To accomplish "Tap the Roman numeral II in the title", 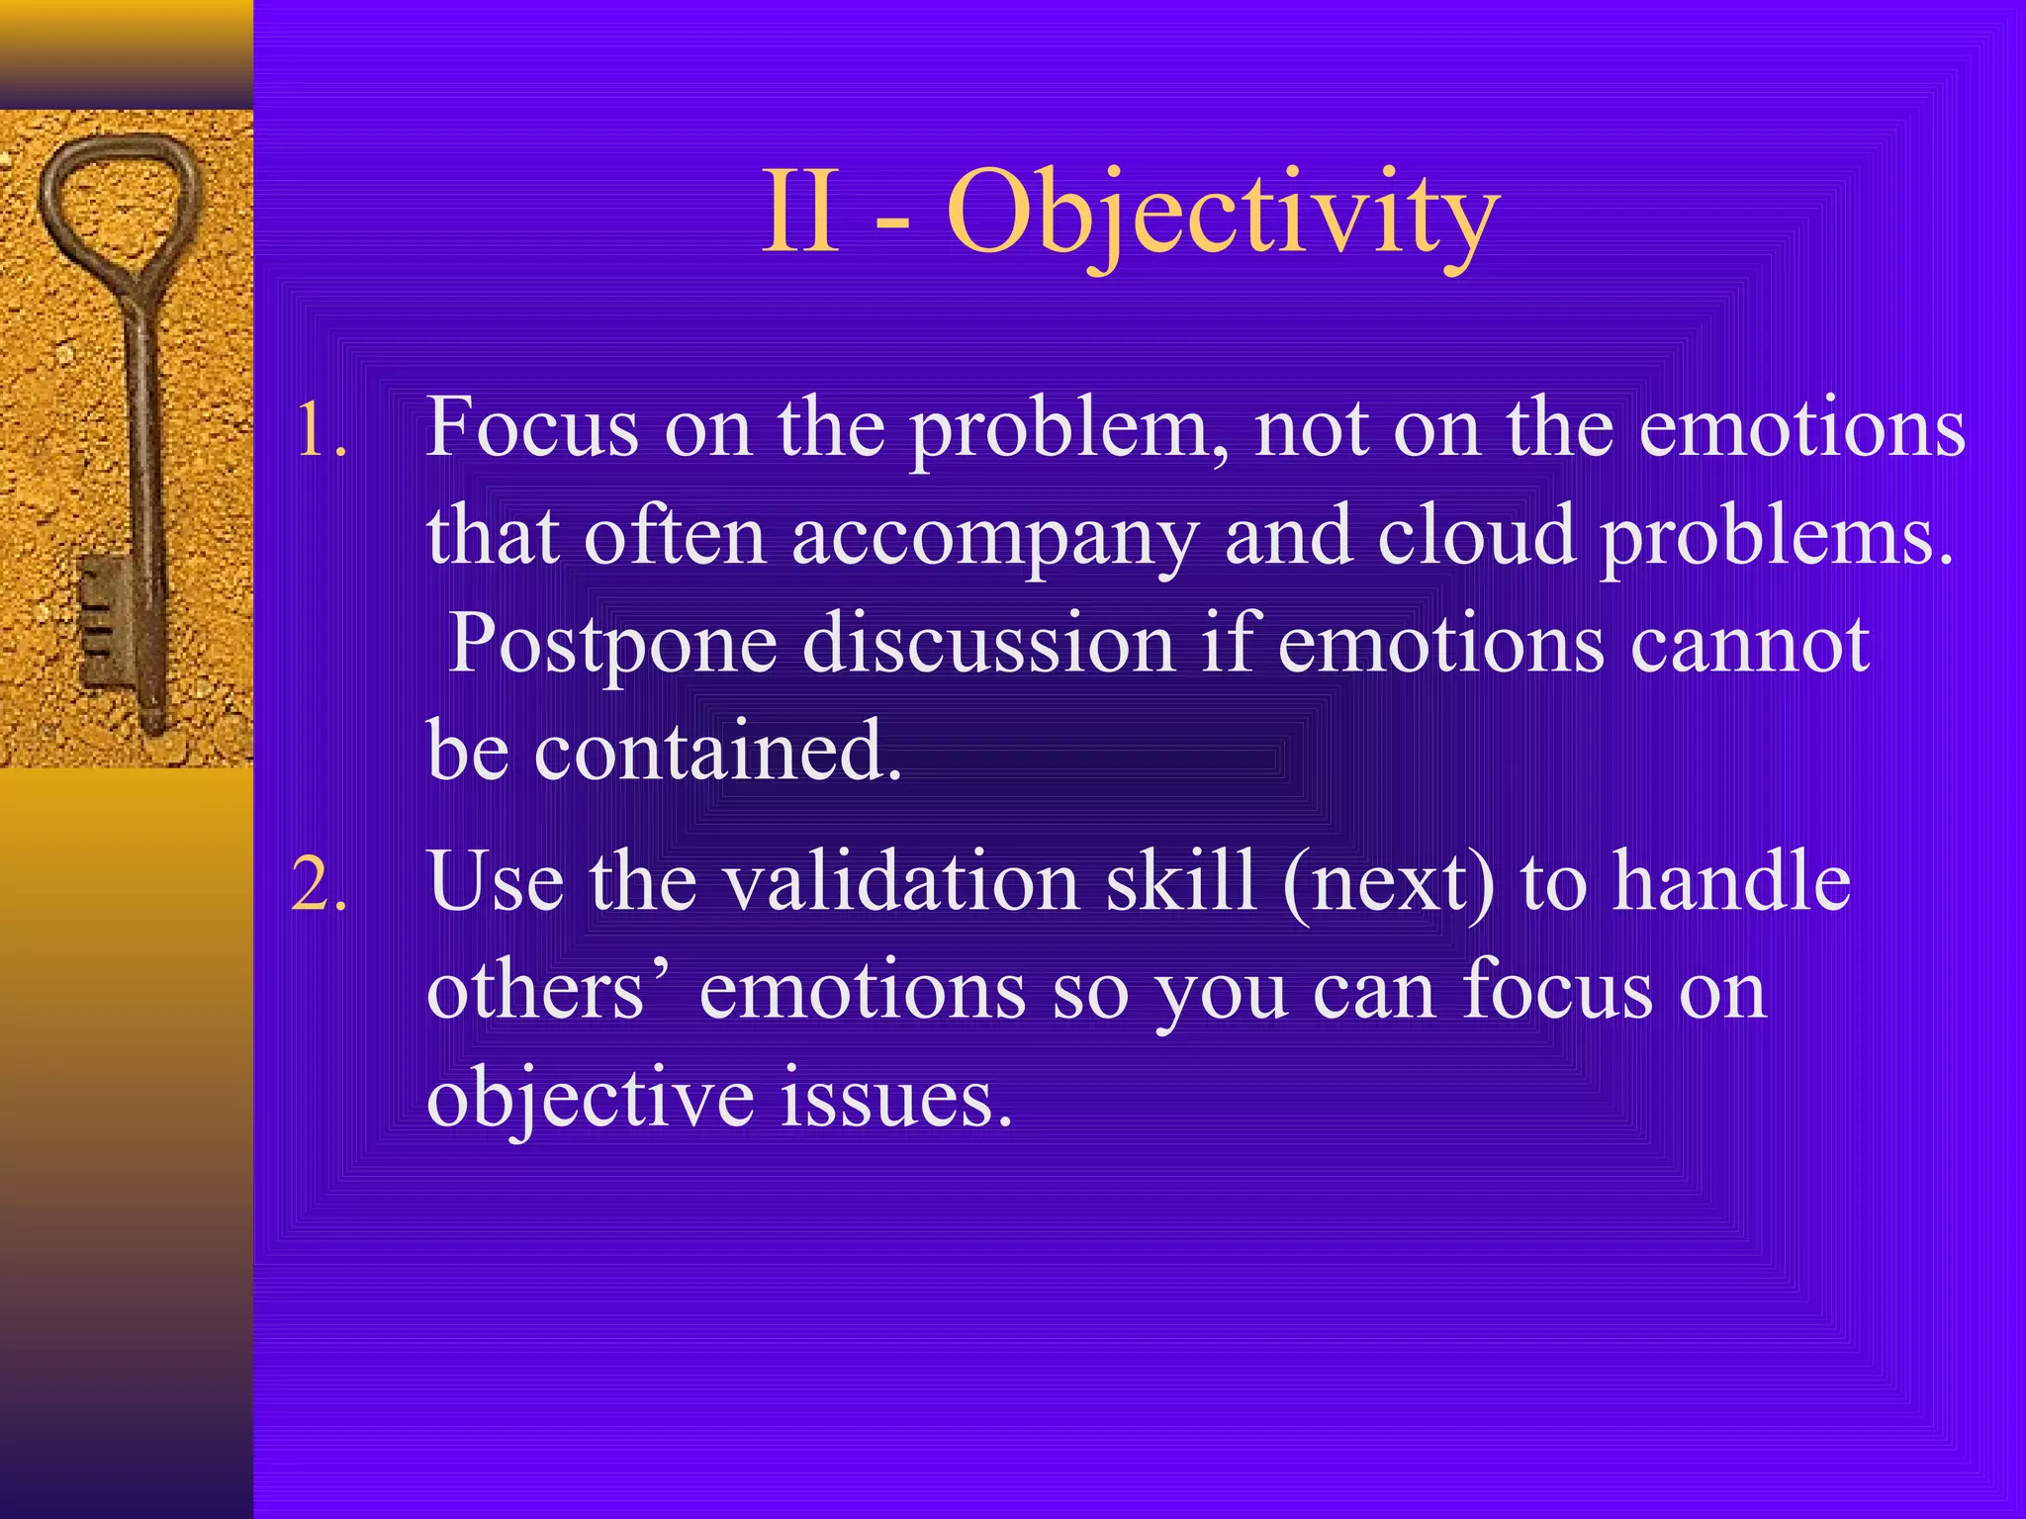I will pos(801,214).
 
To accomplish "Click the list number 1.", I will pos(321,432).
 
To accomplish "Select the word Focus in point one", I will pos(532,428).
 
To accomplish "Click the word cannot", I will pos(1749,644).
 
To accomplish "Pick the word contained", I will pos(718,750).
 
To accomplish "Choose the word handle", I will pos(1731,881).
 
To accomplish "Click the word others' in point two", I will pos(548,990).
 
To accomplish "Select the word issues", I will pos(896,1098).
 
